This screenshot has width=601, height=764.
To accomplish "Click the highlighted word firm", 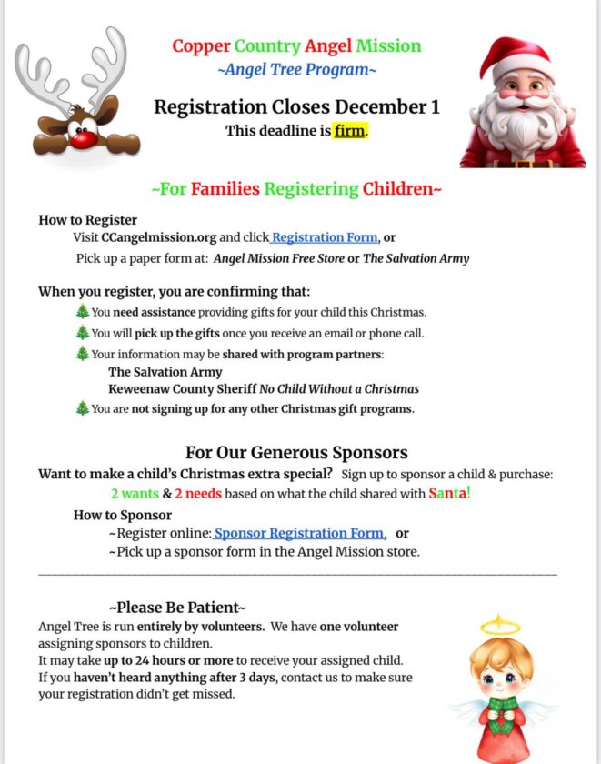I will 350,130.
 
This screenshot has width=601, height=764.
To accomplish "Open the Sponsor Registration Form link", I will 300,533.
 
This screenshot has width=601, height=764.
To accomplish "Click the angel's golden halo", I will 501,626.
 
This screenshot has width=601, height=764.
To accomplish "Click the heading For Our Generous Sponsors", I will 296,452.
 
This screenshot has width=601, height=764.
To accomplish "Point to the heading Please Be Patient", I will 177,607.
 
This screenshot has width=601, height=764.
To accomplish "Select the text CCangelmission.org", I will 159,237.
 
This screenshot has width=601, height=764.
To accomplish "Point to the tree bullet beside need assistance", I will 83,312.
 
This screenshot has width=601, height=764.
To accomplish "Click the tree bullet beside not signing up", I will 83,408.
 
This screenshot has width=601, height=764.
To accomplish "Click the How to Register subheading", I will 88,219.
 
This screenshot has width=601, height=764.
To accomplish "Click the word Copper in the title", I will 201,45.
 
